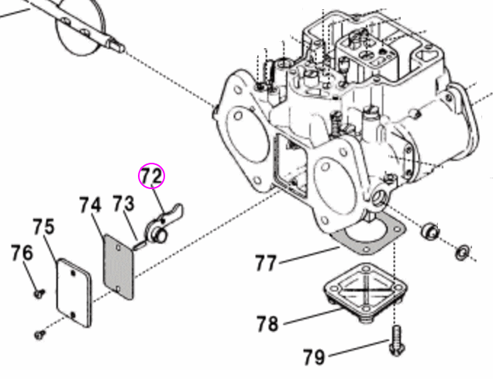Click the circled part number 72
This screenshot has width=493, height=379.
pyautogui.click(x=151, y=177)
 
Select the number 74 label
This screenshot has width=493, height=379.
pyautogui.click(x=90, y=205)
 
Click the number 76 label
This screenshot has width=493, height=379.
pyautogui.click(x=22, y=253)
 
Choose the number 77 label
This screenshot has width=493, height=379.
pyautogui.click(x=266, y=263)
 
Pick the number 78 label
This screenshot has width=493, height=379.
pyautogui.click(x=267, y=323)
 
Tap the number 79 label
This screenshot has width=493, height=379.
pyautogui.click(x=313, y=357)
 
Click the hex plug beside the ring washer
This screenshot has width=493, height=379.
pyautogui.click(x=430, y=232)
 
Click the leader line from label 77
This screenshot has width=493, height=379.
pyautogui.click(x=310, y=256)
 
